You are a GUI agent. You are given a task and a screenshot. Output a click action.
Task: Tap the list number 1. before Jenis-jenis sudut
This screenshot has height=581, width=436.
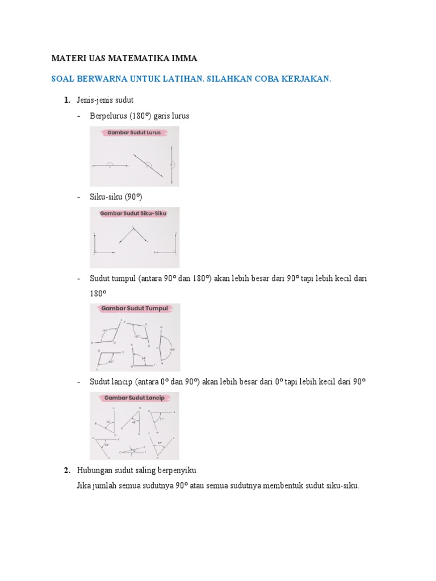67,100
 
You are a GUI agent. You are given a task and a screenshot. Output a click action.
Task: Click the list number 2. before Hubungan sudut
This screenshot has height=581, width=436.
67,470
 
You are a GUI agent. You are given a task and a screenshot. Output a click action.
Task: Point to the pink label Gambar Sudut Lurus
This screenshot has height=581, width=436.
134,133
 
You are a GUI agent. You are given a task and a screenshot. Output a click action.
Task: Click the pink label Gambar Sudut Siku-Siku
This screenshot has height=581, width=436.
134,214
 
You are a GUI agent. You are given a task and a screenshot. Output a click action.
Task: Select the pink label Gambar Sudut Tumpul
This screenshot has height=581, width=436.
134,309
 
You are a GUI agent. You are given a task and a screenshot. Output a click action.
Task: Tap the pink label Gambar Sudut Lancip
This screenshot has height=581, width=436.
134,398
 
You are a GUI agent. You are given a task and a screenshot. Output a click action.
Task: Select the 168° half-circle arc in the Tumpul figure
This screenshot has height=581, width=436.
167,348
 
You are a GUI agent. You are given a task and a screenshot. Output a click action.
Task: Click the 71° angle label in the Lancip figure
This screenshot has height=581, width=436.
161,419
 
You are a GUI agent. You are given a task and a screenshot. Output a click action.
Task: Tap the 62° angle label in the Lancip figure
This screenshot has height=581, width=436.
108,422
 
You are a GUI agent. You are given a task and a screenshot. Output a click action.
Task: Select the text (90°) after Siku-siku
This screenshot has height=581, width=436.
133,197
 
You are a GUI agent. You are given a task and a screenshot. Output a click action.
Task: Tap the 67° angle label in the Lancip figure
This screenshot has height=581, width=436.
160,443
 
